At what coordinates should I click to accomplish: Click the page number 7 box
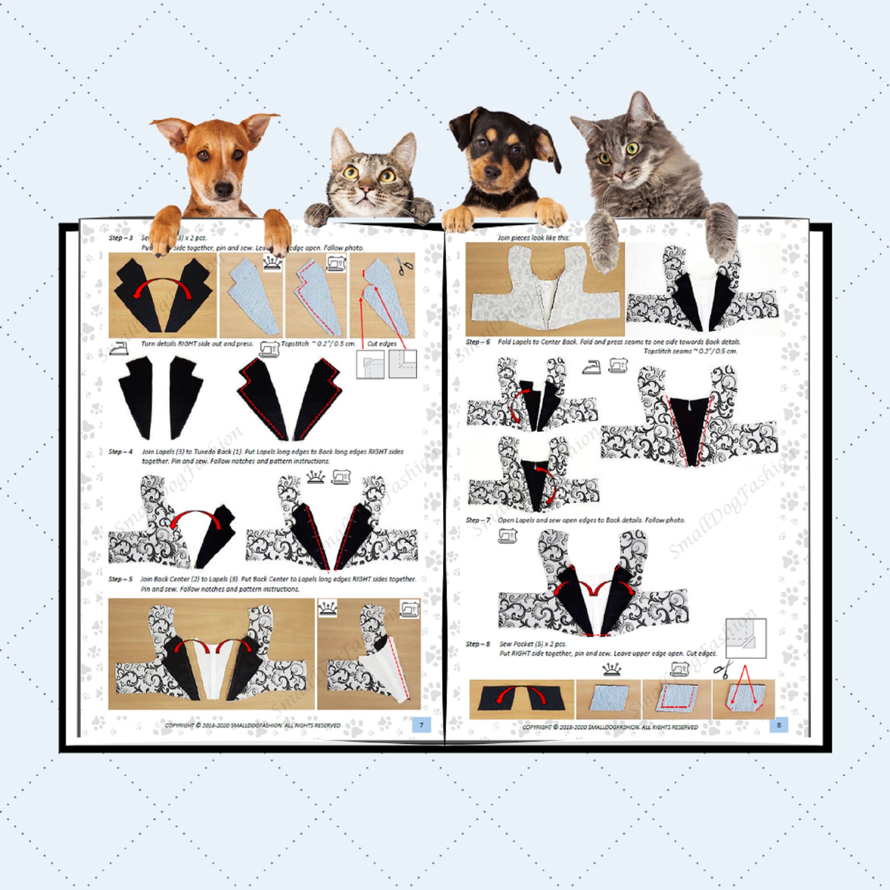[x=421, y=725]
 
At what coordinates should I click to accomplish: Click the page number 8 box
[x=778, y=725]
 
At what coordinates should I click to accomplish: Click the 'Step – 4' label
[x=121, y=451]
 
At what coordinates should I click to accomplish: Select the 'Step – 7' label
[x=477, y=520]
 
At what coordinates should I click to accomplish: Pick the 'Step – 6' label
[x=477, y=342]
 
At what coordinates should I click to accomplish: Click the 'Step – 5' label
[x=121, y=579]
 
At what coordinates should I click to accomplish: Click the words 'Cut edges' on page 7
[x=382, y=344]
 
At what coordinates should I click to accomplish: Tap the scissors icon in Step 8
[x=723, y=669]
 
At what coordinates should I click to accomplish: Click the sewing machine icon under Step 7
[x=507, y=535]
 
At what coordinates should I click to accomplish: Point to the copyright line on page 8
[x=610, y=727]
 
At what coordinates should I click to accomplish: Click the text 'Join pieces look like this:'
[x=534, y=238]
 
